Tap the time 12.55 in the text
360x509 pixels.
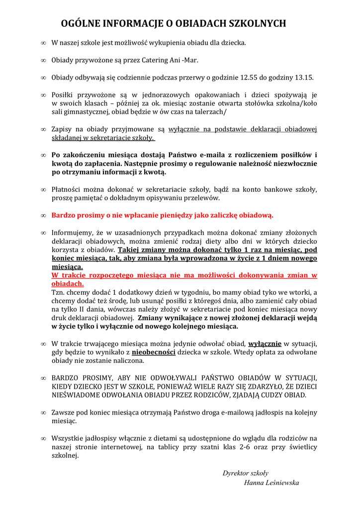coord(249,78)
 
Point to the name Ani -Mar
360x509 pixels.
coord(184,60)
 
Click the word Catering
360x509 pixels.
coord(152,60)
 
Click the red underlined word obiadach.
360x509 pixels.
coord(68,284)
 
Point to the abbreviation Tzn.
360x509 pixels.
coord(59,292)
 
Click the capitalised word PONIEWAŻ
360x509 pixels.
coord(188,386)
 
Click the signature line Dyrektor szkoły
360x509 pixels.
coord(246,473)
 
